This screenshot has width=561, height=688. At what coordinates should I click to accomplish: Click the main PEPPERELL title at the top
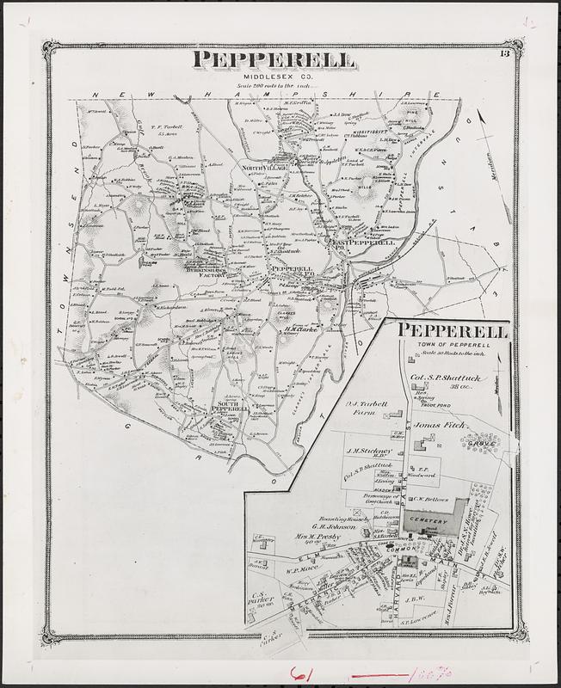[x=273, y=59]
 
